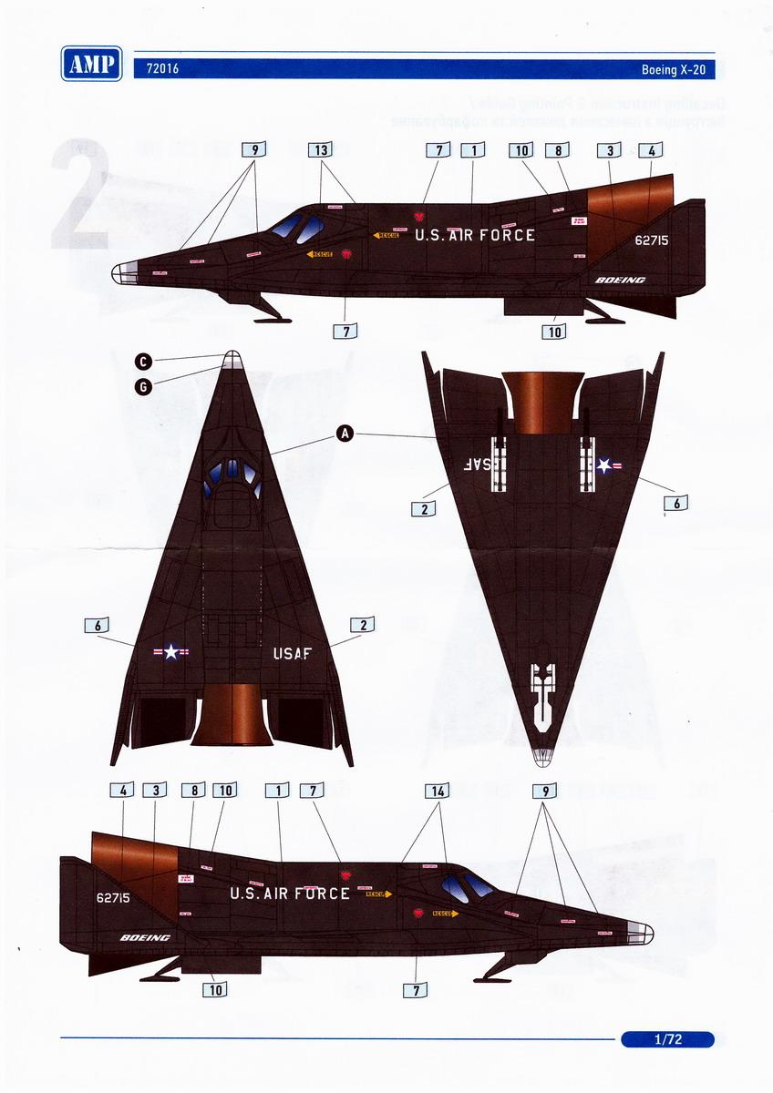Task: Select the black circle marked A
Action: pos(345,435)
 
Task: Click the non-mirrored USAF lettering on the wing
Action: pos(292,652)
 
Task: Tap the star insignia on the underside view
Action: pos(604,466)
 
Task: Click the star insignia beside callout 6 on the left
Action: pos(171,652)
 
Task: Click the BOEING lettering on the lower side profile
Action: pos(145,937)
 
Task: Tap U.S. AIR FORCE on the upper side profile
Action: pos(475,235)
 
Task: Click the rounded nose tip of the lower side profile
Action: pos(648,931)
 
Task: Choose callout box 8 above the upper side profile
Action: pos(559,150)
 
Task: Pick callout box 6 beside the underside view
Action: pos(676,502)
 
